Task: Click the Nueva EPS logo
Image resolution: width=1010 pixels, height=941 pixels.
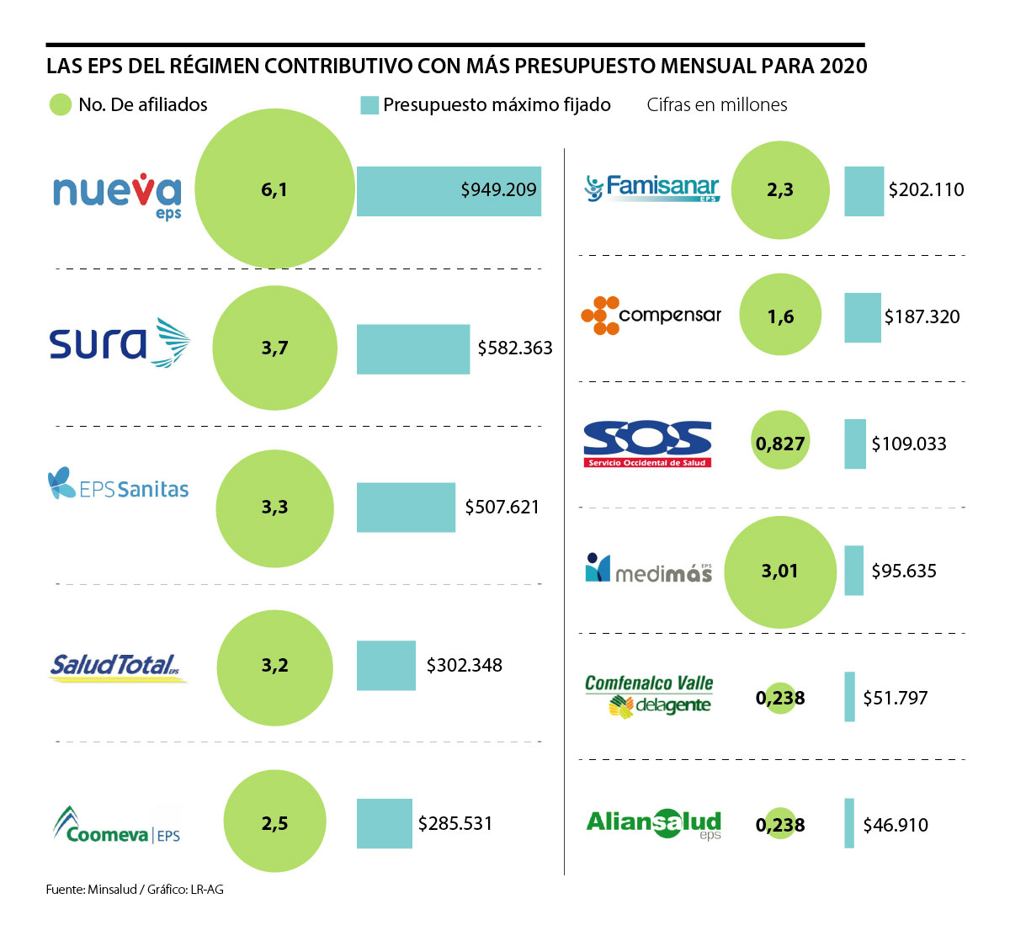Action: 117,196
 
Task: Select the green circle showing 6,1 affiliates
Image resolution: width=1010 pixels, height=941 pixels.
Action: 274,190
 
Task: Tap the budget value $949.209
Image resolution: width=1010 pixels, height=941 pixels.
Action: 498,190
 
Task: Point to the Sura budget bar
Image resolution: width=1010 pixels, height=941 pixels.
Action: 412,348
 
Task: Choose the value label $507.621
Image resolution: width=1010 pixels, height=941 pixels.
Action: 502,507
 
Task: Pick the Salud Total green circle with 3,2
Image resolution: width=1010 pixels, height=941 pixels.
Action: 274,666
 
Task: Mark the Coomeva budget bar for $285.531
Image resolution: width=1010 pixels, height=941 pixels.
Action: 384,823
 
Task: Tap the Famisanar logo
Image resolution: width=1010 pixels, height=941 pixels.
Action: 651,188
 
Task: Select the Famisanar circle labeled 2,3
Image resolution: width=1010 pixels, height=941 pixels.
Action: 780,190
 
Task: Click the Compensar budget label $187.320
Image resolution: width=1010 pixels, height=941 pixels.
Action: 922,317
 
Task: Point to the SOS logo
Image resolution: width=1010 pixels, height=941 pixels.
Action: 647,443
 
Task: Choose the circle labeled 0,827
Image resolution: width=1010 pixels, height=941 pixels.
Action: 780,443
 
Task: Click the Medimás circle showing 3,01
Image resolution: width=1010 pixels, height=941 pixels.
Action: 780,572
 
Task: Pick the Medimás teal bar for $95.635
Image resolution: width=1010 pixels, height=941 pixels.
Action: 853,571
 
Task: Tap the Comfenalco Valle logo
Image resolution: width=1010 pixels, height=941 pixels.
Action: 649,696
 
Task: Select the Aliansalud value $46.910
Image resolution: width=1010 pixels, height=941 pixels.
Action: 896,825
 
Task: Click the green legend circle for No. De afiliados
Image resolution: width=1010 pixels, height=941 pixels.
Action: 61,104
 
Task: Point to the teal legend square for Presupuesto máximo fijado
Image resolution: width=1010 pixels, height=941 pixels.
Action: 369,105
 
